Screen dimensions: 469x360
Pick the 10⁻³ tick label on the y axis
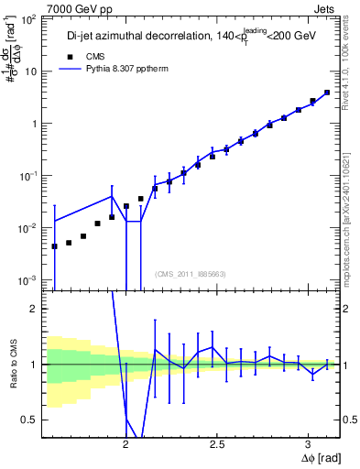28,279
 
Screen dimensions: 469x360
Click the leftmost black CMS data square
55,246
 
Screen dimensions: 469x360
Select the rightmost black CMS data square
327,92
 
